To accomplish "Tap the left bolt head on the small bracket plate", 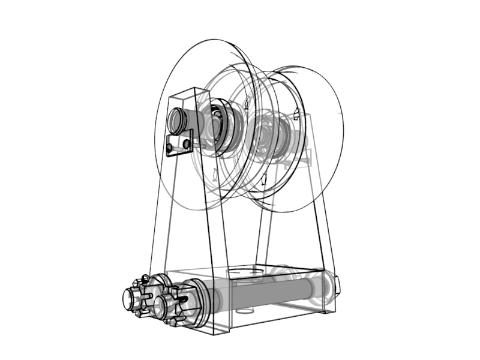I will [x=171, y=146].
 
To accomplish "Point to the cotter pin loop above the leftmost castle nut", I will [x=145, y=278].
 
